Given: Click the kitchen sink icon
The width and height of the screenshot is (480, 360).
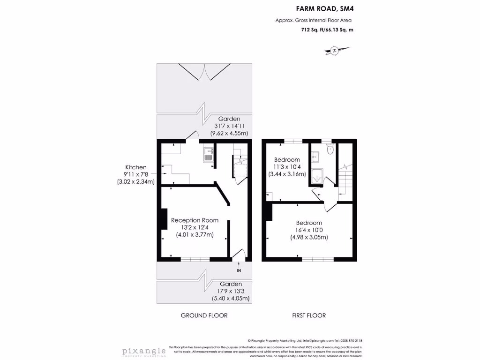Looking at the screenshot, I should (209, 155).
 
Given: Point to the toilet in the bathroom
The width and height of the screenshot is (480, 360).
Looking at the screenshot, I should (330, 150).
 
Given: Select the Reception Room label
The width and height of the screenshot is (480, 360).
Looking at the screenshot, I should (195, 220).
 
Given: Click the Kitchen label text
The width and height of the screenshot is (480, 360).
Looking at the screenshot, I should (135, 167).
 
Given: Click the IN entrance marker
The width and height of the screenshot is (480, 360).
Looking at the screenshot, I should (239, 270).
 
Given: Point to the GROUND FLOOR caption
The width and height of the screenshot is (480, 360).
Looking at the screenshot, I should (204, 315).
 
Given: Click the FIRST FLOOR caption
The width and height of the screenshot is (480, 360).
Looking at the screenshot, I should (308, 315).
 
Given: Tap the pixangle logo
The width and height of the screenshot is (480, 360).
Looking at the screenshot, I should (144, 352).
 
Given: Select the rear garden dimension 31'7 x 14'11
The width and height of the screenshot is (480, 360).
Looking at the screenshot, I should (229, 126).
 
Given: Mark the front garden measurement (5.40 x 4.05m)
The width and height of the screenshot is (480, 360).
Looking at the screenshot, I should (230, 298).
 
